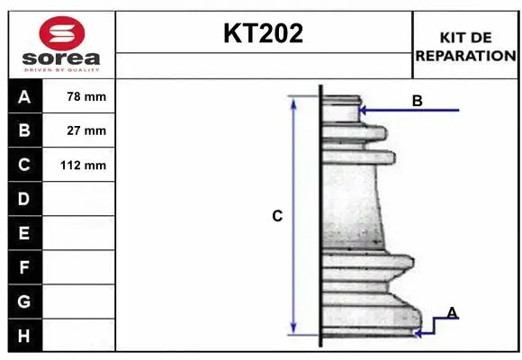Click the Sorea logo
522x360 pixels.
[x=60, y=44]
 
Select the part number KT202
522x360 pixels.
[x=263, y=34]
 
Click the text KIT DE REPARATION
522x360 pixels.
[x=465, y=46]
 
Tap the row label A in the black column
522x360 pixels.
[x=24, y=96]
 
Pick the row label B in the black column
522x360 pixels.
[x=24, y=130]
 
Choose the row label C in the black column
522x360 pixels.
[x=24, y=165]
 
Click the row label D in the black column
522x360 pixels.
[x=24, y=199]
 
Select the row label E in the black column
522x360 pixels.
[x=24, y=233]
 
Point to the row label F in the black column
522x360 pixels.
[x=24, y=267]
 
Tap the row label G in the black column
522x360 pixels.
[x=24, y=301]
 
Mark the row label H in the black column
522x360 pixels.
[x=24, y=335]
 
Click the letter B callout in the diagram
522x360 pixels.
[x=417, y=101]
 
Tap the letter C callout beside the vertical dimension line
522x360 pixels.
[x=277, y=216]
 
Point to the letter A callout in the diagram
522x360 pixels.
[x=452, y=312]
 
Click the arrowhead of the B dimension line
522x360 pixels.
[x=363, y=111]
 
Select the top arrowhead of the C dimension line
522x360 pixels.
[x=293, y=102]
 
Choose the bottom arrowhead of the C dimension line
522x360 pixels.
[x=293, y=328]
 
